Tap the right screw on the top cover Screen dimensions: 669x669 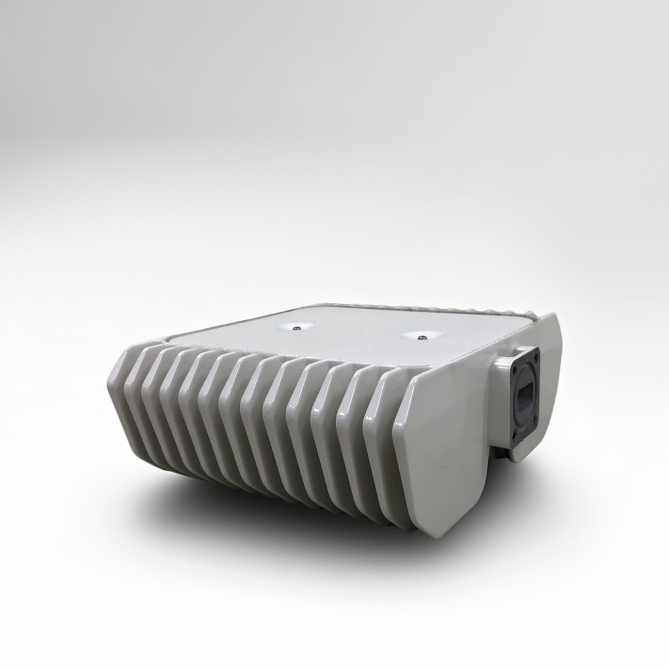421,337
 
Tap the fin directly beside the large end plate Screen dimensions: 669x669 382,444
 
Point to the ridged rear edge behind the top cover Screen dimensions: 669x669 418,306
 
